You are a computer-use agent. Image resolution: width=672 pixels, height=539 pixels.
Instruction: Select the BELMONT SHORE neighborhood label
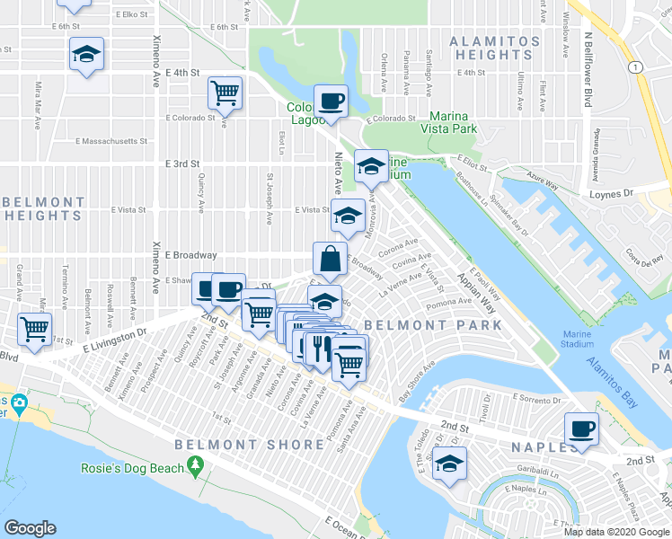click(x=250, y=445)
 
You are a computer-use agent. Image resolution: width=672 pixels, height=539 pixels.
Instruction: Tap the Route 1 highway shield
click(x=636, y=66)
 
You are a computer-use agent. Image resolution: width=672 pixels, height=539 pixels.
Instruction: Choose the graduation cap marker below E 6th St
click(x=86, y=54)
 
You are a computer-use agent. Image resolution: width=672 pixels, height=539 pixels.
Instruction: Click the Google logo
click(x=30, y=528)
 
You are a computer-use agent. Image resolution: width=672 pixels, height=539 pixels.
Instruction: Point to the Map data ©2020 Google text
click(x=616, y=532)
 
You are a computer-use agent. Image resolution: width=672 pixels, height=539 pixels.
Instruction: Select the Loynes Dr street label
click(x=636, y=193)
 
